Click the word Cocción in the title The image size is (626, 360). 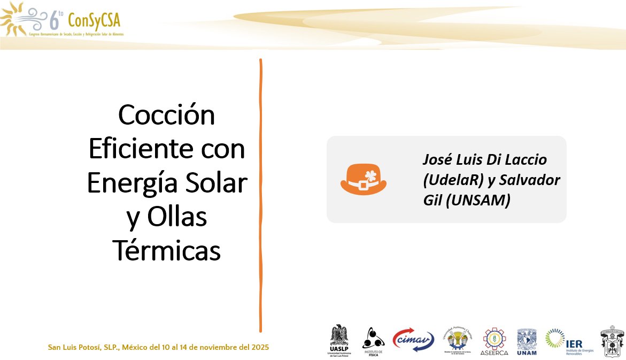tap(167, 115)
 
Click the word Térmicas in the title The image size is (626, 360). tap(167, 250)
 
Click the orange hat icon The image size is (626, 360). tap(364, 179)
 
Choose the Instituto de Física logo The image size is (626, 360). tap(373, 341)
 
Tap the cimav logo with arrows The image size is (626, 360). tap(413, 340)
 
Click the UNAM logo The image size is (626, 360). tap(527, 341)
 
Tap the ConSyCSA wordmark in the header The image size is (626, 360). tap(94, 20)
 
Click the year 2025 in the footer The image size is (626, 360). tap(259, 347)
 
